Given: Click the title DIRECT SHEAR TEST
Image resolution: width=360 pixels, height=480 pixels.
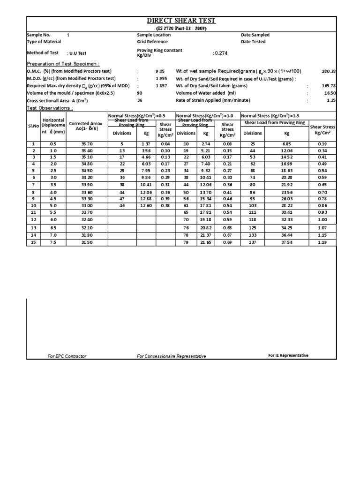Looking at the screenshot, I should tap(180, 21).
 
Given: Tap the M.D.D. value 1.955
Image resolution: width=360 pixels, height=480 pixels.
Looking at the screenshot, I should tap(161, 78).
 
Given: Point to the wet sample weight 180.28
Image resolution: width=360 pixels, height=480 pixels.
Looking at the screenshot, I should tap(328, 71).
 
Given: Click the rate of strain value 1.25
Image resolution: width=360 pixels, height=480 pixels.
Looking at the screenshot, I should tap(332, 100).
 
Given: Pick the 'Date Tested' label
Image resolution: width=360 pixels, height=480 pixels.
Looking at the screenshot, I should tap(253, 42).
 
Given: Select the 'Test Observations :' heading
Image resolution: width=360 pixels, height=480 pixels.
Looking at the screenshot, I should tap(50, 108).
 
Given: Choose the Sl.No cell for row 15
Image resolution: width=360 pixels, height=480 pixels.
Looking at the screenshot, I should tap(33, 242).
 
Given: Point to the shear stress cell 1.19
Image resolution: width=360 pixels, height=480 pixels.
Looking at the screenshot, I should tap(323, 242).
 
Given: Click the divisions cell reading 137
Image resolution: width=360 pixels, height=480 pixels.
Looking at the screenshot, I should tap(253, 242).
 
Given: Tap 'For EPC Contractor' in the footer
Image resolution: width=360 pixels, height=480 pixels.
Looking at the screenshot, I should tap(67, 356).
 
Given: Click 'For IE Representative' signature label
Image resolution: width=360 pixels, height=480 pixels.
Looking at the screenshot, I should tap(288, 356).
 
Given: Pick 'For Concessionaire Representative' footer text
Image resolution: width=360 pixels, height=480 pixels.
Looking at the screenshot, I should tap(171, 356).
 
